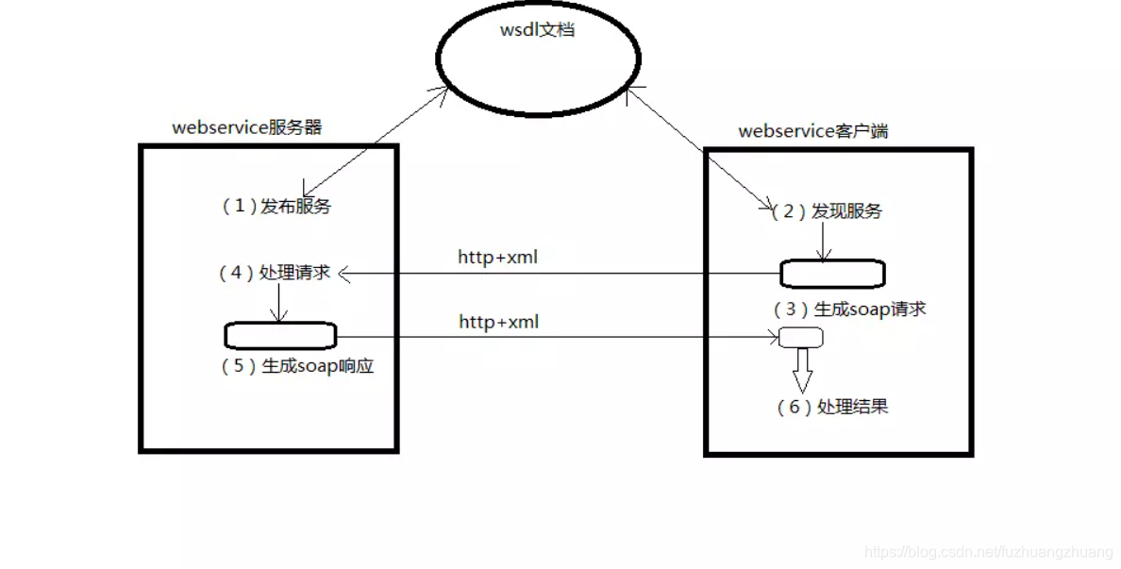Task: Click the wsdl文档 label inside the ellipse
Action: (x=537, y=30)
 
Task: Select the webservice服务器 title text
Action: (x=246, y=127)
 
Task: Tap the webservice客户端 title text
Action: (x=812, y=131)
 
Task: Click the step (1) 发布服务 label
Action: (x=276, y=207)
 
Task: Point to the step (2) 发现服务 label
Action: (x=827, y=211)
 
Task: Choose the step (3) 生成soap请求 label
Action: (x=848, y=309)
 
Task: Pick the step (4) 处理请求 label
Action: (x=275, y=273)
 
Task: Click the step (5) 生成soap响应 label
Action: (x=297, y=366)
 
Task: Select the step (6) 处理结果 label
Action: (x=831, y=407)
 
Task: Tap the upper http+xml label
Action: (x=497, y=257)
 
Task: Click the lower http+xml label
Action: (x=498, y=322)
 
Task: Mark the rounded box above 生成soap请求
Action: (x=832, y=274)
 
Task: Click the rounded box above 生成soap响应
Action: (x=280, y=335)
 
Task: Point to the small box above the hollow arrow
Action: (x=800, y=337)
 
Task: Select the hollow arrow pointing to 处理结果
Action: (x=802, y=369)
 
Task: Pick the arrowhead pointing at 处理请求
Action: (x=344, y=274)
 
